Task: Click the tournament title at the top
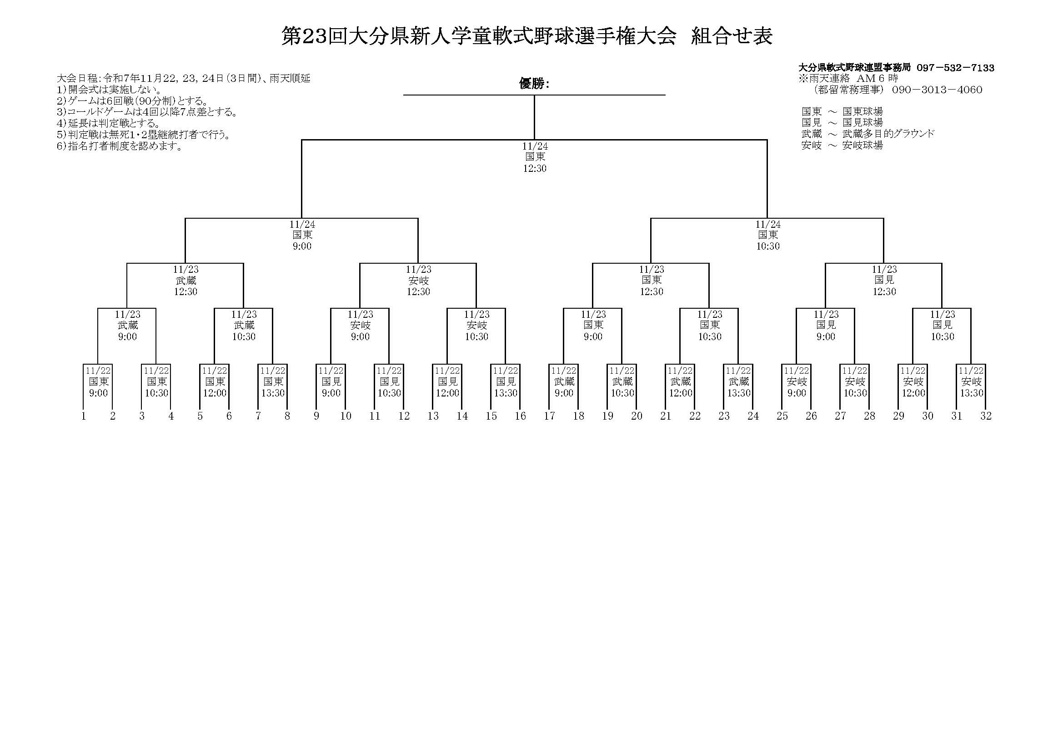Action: coord(527,36)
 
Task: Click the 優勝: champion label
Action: coord(534,84)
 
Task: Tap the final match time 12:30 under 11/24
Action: coord(535,169)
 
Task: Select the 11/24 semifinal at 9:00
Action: coord(302,235)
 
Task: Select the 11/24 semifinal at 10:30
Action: coord(767,235)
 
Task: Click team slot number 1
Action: coord(84,416)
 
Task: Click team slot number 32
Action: coord(986,416)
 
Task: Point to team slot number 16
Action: coord(521,416)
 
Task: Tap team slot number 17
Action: coord(550,416)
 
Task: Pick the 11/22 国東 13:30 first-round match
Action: coord(273,382)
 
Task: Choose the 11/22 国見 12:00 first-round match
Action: coord(447,382)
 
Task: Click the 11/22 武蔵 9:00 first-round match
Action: coord(564,382)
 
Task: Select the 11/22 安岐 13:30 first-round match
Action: coord(971,382)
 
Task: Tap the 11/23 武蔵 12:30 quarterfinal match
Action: coord(186,281)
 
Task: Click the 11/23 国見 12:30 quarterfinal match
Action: coord(884,281)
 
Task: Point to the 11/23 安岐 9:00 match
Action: coord(360,326)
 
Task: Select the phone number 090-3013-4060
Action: coord(937,90)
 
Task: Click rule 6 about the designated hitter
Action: coord(119,147)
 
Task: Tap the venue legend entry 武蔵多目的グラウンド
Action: coord(888,134)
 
